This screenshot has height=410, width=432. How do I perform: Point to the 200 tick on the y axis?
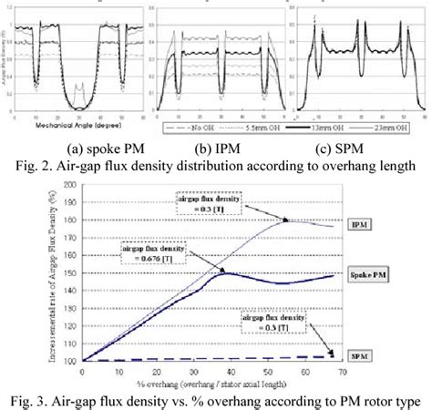click(x=70, y=185)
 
